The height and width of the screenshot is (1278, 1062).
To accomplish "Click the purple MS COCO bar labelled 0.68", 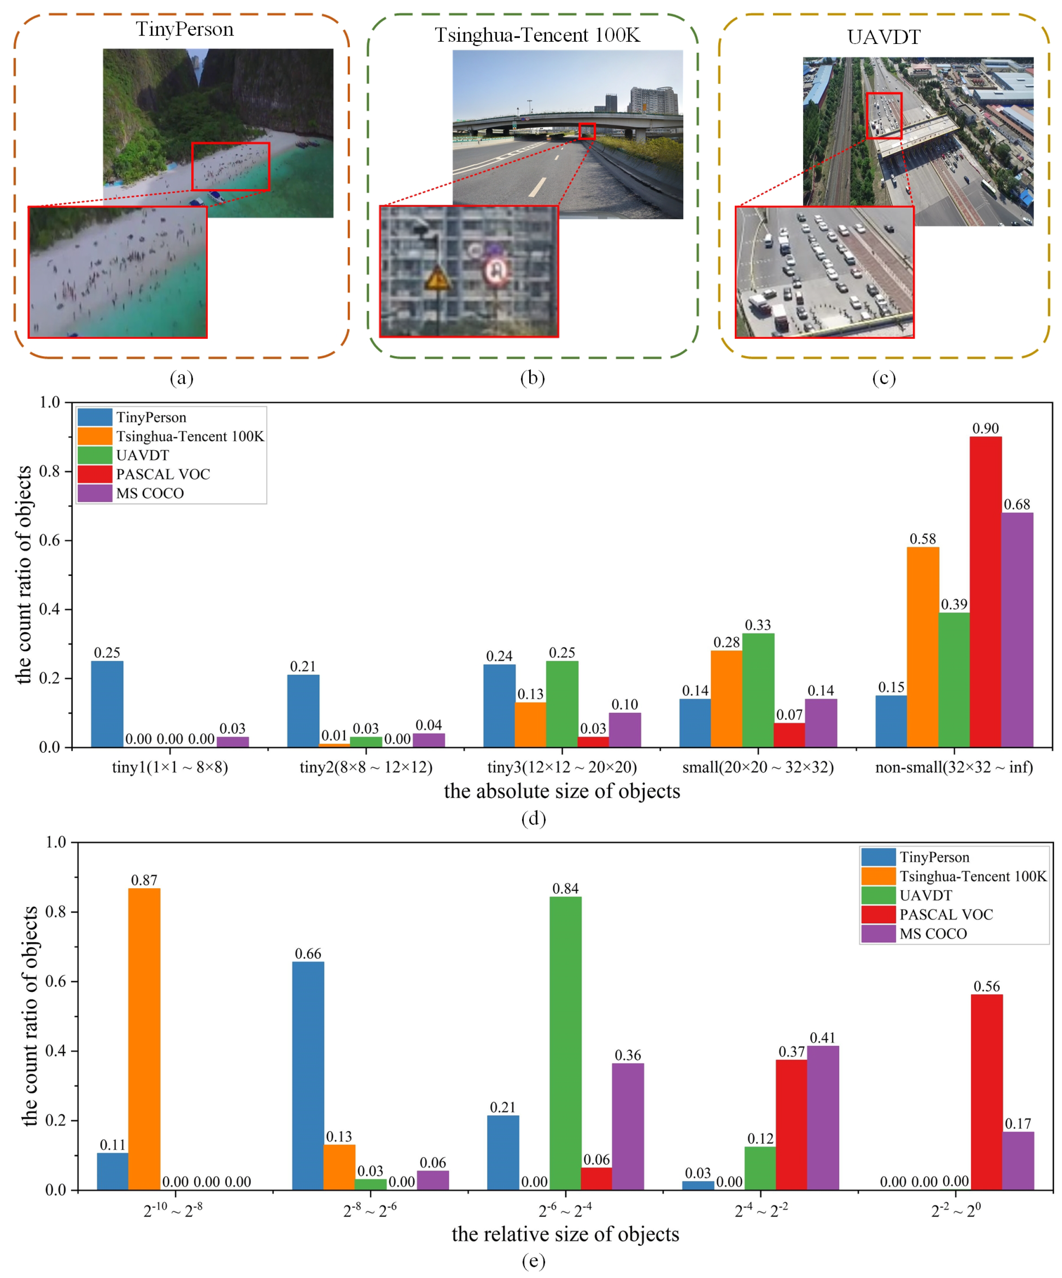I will coord(1017,629).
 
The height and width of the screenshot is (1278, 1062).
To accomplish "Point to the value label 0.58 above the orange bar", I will coord(923,539).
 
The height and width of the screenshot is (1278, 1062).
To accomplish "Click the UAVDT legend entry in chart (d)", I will coord(143,455).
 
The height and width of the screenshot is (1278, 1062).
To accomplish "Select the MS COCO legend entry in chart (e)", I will coord(933,934).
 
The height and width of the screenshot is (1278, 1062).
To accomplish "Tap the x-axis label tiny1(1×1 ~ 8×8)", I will coord(170,767).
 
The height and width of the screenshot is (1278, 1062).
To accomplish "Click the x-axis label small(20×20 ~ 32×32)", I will coord(757,767).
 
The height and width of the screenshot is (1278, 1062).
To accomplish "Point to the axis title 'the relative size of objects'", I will coord(565,1234).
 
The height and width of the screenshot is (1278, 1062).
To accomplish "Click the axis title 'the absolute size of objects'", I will coord(562,791).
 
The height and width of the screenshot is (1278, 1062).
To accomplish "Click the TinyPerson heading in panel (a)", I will coord(185,29).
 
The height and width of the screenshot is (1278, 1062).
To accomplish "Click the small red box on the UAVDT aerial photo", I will coord(883,116).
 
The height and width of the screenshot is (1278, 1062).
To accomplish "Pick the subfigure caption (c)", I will coord(884,378).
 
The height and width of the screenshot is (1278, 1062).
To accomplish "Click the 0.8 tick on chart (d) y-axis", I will coord(50,472).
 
